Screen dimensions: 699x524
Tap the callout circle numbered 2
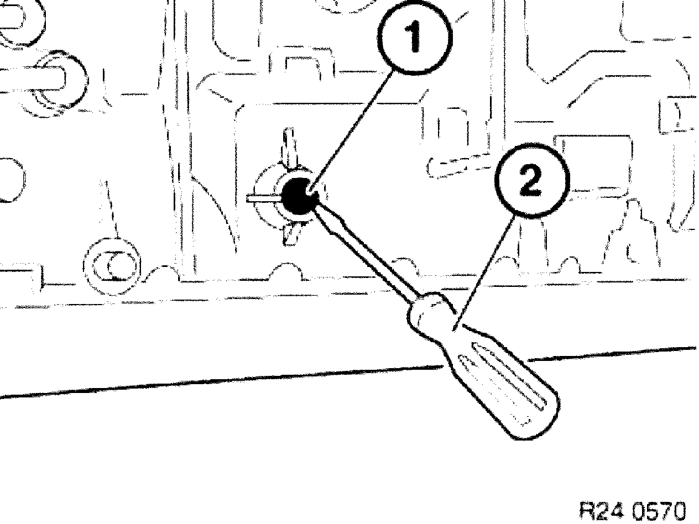tap(530, 183)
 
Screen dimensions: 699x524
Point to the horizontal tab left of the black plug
tap(262, 197)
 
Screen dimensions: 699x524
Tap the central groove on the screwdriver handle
tap(500, 381)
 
